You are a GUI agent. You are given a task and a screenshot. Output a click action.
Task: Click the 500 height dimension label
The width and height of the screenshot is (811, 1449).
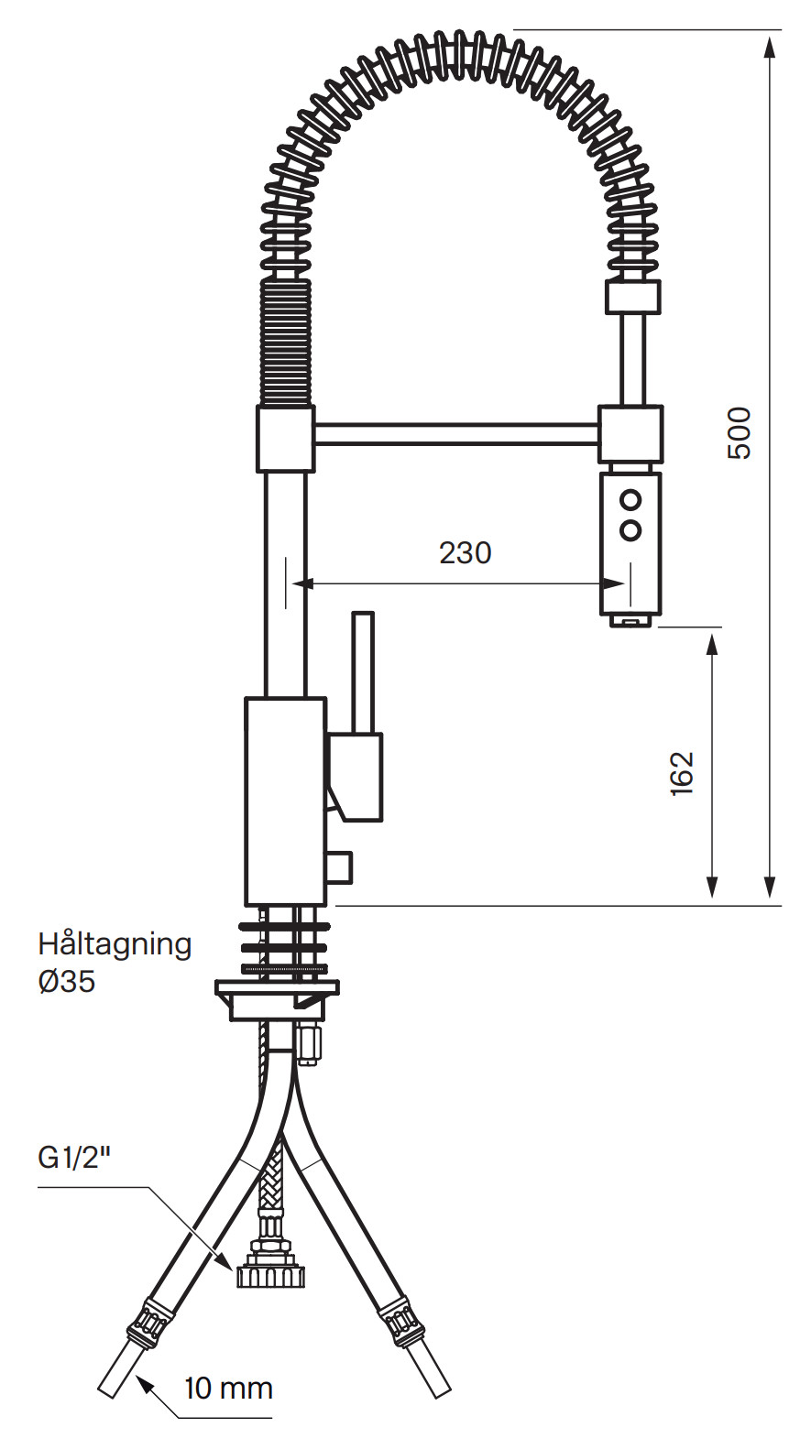tap(739, 432)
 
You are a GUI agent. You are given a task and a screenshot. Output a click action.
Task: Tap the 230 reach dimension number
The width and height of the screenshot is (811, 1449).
tap(466, 553)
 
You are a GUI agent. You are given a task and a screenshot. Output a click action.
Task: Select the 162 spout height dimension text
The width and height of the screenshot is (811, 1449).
tap(682, 773)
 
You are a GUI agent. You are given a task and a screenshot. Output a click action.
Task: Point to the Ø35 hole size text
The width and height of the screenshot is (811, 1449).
tap(67, 981)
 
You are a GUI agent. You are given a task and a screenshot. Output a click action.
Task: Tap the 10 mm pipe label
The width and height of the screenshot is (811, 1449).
tap(228, 1389)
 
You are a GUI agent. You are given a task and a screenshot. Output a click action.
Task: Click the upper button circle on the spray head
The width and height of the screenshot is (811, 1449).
tap(630, 501)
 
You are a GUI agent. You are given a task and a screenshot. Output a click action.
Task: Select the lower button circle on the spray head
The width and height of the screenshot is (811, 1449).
tap(630, 529)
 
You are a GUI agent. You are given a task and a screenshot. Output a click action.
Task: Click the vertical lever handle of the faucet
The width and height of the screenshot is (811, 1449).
tap(363, 672)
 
